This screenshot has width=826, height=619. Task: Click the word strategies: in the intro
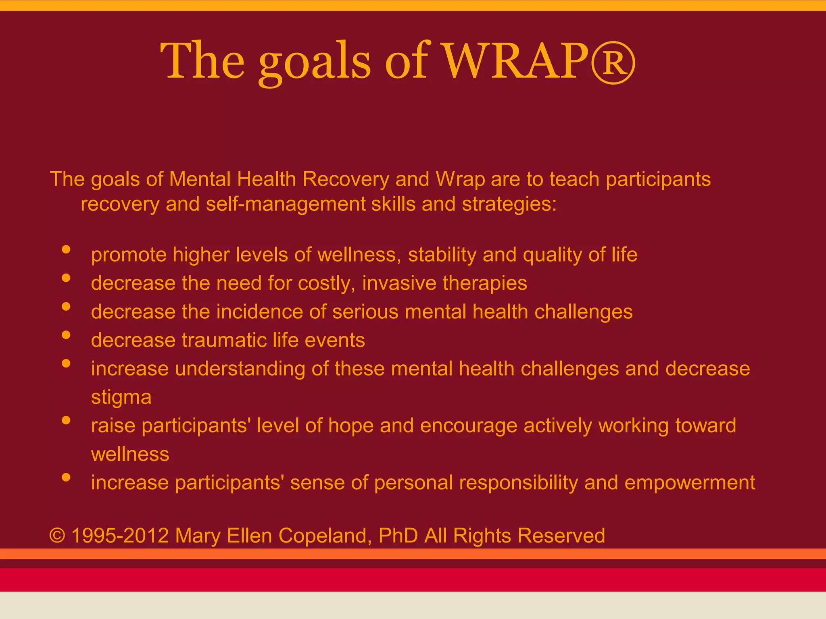(509, 204)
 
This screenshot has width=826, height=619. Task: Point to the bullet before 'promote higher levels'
(66, 249)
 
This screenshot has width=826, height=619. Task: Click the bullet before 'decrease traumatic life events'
(66, 335)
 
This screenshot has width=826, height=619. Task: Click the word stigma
(121, 397)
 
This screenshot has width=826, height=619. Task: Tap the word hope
(351, 426)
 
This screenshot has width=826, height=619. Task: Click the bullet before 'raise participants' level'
(66, 420)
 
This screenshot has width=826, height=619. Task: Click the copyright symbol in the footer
(57, 536)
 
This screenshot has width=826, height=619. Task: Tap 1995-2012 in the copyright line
(120, 536)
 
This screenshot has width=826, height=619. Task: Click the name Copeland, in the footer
(325, 536)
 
